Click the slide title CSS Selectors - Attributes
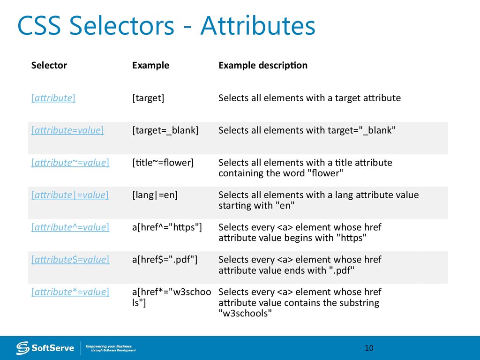click(x=166, y=27)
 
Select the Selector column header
click(x=49, y=65)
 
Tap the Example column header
click(x=150, y=65)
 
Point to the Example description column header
click(x=263, y=65)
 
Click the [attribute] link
click(x=53, y=98)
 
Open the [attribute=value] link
click(x=67, y=130)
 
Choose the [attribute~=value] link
click(x=70, y=163)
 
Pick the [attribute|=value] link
click(x=70, y=195)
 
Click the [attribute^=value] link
click(x=70, y=227)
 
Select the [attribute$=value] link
click(x=70, y=260)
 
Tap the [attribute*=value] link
click(x=70, y=292)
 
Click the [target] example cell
click(x=148, y=98)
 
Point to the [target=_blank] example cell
click(x=165, y=130)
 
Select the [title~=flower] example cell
click(x=163, y=163)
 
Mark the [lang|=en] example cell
click(x=155, y=195)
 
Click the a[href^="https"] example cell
click(x=167, y=227)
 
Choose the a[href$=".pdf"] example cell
click(x=165, y=260)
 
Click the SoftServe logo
click(x=45, y=348)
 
